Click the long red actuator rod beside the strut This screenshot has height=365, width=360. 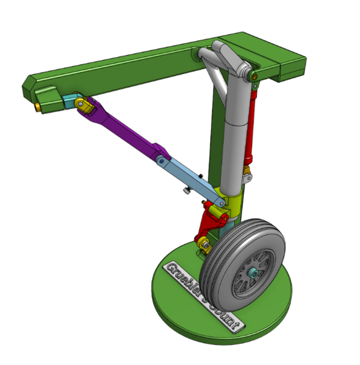click(251, 125)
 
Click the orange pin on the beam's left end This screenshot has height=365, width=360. click(38, 107)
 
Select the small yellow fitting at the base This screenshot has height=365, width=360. click(203, 246)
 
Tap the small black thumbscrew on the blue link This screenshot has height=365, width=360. click(187, 192)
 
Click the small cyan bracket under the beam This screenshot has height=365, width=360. click(70, 103)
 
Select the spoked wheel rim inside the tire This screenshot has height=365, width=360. click(251, 274)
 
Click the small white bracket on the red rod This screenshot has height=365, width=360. click(246, 178)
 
